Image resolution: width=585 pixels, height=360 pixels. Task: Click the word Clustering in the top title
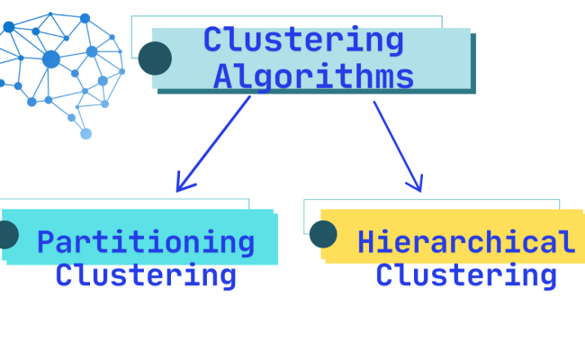[303, 40]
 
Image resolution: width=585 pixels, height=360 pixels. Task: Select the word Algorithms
[313, 76]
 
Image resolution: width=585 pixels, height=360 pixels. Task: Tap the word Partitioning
[146, 242]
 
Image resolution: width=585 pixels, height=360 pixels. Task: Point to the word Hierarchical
[466, 242]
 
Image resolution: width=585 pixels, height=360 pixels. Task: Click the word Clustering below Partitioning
[146, 274]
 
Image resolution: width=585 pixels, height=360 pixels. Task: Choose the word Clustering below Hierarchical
[466, 274]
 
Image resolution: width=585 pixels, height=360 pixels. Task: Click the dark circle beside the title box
[155, 58]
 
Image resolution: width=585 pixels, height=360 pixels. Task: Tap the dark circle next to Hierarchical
[323, 234]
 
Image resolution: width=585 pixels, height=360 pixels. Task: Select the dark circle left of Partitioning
[5, 235]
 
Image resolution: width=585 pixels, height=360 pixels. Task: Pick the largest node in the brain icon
[51, 59]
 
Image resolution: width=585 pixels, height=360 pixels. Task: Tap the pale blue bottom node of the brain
[85, 133]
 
